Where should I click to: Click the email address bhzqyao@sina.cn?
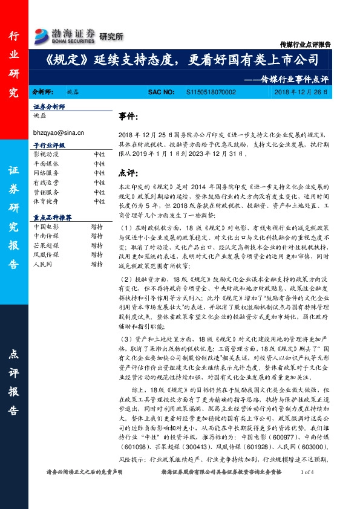point(58,132)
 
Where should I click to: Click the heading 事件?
point(128,115)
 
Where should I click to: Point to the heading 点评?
point(128,173)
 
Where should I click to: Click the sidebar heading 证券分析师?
point(49,106)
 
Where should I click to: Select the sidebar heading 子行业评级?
point(49,146)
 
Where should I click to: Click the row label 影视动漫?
point(46,155)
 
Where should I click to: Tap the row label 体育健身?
point(46,201)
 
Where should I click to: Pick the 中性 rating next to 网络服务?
point(99,173)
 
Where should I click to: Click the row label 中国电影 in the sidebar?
point(46,226)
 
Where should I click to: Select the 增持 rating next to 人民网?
point(97,265)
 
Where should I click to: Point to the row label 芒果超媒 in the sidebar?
point(46,245)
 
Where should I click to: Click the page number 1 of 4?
point(306,489)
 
